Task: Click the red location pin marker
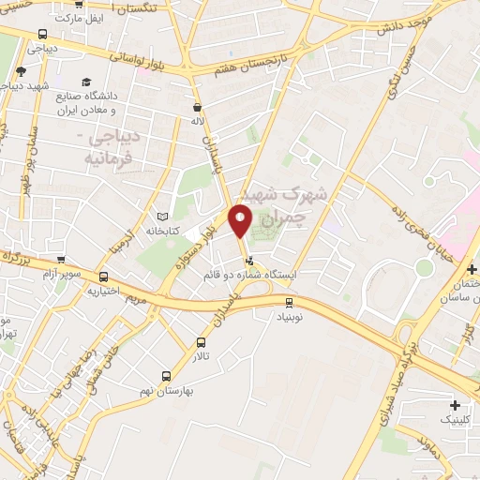(241, 221)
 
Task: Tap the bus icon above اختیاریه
(103, 277)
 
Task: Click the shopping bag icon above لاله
(197, 107)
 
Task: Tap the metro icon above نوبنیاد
(289, 302)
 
